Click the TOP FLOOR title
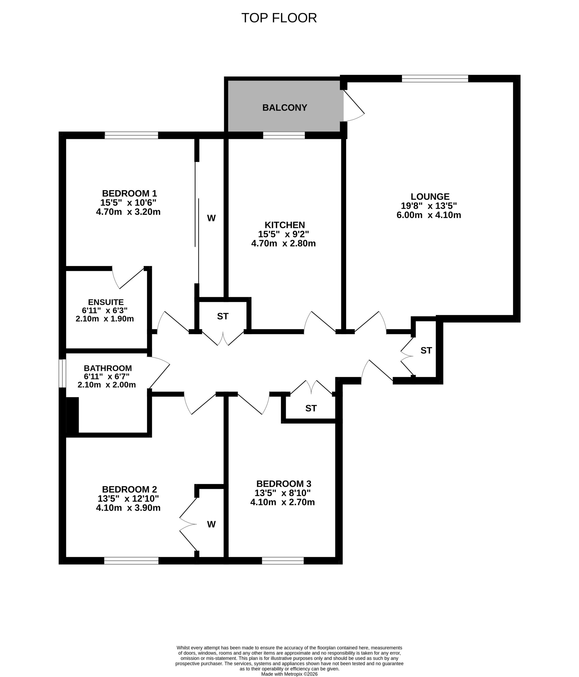coord(279,18)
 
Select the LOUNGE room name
coord(430,196)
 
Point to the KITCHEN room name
coord(285,225)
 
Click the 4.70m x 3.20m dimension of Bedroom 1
coord(128,212)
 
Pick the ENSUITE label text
coord(106,302)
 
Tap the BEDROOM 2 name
coord(129,489)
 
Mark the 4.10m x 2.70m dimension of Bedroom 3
coord(282,502)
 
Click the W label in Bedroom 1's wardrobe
coord(211,218)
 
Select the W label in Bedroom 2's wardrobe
coord(211,524)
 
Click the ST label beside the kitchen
coord(222,316)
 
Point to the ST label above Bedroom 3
coord(311,408)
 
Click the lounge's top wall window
coord(435,79)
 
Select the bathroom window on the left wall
coord(62,373)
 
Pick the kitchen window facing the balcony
coord(284,135)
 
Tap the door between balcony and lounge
coord(354,106)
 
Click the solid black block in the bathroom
coord(72,415)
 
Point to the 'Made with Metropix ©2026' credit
coord(289,674)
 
